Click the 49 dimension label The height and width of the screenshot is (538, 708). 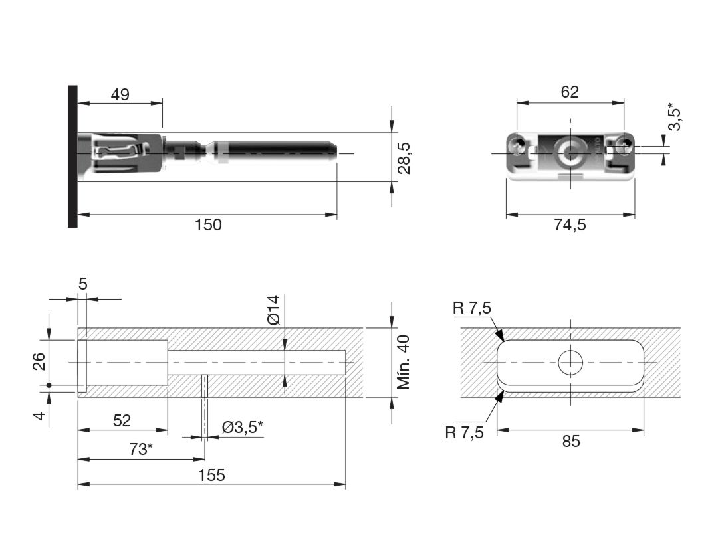(120, 95)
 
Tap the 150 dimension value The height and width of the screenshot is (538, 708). (208, 224)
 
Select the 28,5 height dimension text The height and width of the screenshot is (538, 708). (404, 158)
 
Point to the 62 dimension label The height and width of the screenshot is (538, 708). (570, 92)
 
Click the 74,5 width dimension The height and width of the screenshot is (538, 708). (570, 224)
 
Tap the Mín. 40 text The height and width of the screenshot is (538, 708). (403, 362)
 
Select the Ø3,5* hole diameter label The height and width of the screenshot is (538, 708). (243, 426)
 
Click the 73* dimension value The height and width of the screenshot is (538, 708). (141, 449)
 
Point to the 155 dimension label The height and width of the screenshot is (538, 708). (211, 475)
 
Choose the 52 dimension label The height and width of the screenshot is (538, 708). (122, 420)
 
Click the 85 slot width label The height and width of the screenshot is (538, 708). (571, 441)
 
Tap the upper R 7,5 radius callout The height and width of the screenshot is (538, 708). (472, 308)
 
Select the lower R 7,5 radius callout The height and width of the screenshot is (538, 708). (464, 433)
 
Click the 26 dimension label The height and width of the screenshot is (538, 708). (40, 361)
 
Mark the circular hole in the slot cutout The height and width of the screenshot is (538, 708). (570, 362)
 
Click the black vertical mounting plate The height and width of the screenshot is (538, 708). (72, 157)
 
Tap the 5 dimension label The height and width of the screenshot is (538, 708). (82, 284)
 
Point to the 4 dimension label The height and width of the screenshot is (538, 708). (40, 415)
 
